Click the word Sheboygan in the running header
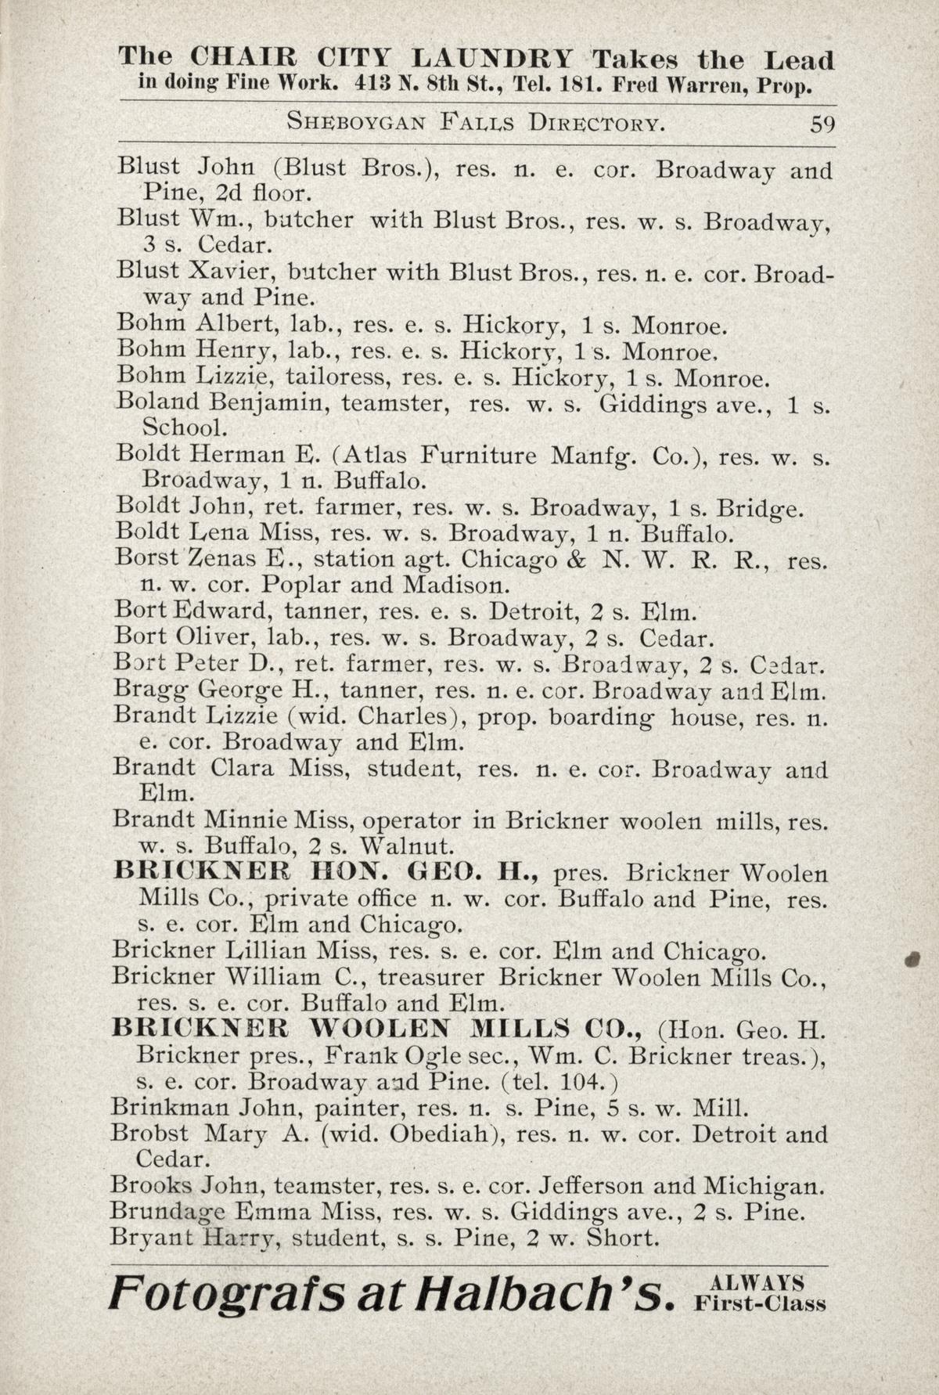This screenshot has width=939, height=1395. click(356, 123)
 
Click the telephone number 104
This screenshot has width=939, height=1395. click(582, 1082)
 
